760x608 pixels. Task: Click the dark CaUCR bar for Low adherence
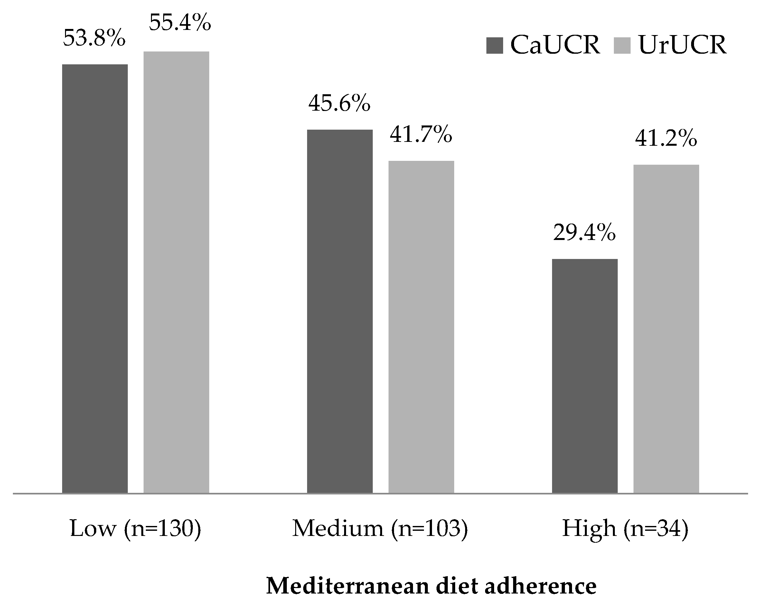pyautogui.click(x=95, y=278)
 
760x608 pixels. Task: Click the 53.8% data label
pyautogui.click(x=94, y=38)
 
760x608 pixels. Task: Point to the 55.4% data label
pyautogui.click(x=180, y=23)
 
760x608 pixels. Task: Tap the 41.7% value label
pyautogui.click(x=421, y=135)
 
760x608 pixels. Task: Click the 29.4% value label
pyautogui.click(x=585, y=233)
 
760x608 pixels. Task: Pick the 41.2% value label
pyautogui.click(x=666, y=138)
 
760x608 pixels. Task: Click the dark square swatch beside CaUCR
pyautogui.click(x=494, y=45)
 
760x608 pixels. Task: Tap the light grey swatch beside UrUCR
pyautogui.click(x=622, y=45)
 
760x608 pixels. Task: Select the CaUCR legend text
pyautogui.click(x=555, y=45)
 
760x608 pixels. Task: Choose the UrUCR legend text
pyautogui.click(x=682, y=45)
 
